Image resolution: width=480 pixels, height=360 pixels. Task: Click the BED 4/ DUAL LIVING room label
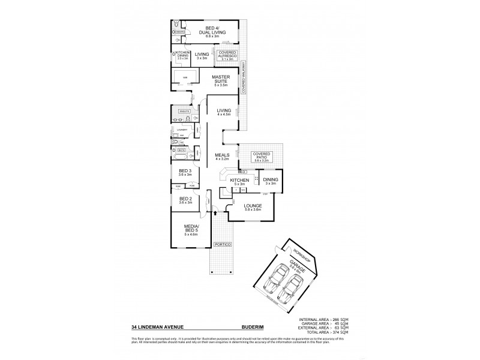(x=211, y=31)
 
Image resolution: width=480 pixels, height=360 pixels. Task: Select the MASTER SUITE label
(x=226, y=79)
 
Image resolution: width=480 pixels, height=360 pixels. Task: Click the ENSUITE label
(x=183, y=112)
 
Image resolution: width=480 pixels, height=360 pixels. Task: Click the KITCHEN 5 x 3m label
(x=239, y=181)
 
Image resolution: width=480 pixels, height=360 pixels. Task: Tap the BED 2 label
(x=185, y=200)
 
